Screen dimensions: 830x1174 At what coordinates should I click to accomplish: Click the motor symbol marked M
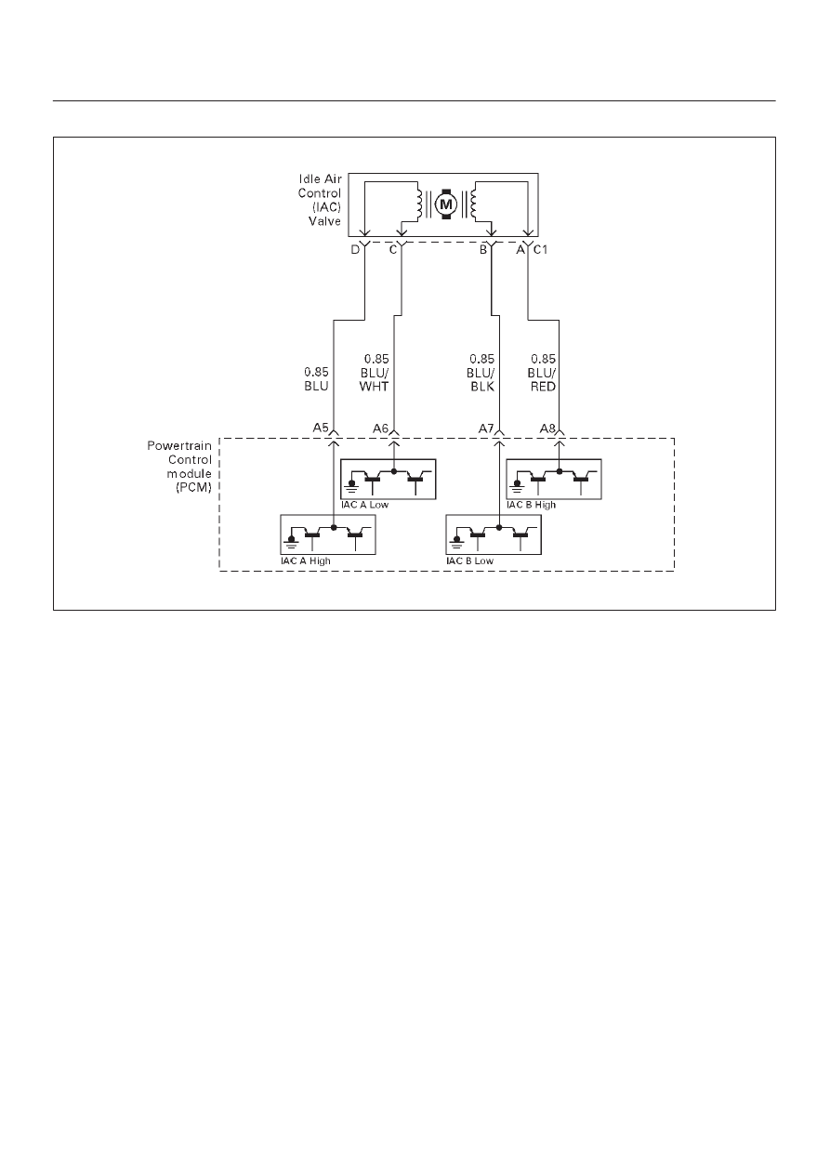(x=446, y=204)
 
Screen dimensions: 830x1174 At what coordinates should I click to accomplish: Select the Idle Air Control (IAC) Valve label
(x=320, y=200)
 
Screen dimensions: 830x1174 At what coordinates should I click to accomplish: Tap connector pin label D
(x=355, y=250)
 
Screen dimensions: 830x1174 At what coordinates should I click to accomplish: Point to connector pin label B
(x=483, y=250)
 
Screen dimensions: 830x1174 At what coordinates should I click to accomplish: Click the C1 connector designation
(x=540, y=250)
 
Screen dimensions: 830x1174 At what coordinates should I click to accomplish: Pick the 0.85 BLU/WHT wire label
(x=375, y=373)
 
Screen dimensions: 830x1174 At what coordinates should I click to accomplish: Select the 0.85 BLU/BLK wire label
(x=481, y=373)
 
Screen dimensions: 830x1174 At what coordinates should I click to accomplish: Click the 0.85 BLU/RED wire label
(x=542, y=373)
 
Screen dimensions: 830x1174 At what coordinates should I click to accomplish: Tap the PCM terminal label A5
(x=321, y=428)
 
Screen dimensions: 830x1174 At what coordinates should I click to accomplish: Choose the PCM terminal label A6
(x=381, y=429)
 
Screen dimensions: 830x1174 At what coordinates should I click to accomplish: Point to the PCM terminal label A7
(x=486, y=429)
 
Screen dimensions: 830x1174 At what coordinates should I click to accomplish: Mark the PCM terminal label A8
(x=547, y=429)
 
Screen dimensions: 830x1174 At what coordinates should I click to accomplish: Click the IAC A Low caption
(x=364, y=505)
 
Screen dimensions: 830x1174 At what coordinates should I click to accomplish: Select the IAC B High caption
(x=531, y=505)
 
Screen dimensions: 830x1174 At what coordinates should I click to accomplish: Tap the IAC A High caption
(x=306, y=561)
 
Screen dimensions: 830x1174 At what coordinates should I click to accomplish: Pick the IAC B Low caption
(x=470, y=561)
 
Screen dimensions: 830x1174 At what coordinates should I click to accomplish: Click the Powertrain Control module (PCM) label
(x=179, y=467)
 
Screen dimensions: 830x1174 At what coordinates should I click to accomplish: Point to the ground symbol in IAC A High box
(x=291, y=541)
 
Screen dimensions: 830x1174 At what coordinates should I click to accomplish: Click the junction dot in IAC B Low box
(x=499, y=527)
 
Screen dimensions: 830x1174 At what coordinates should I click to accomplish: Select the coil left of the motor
(x=419, y=204)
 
